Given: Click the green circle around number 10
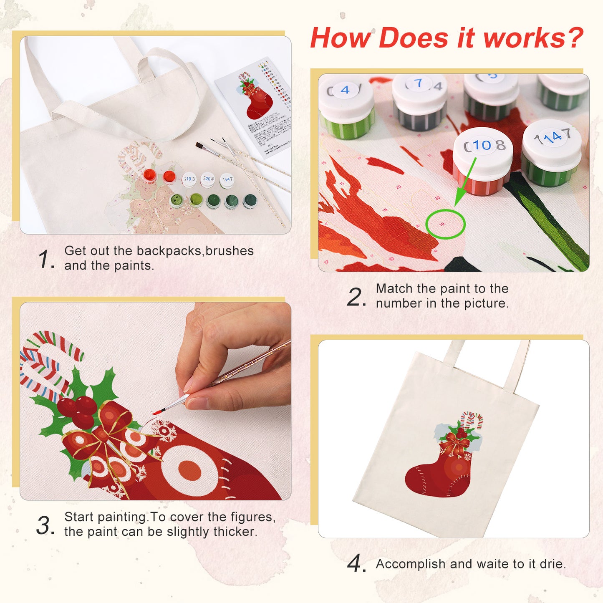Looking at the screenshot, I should tap(445, 224).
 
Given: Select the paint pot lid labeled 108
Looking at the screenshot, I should tap(483, 146).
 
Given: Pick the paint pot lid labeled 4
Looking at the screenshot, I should tap(345, 90).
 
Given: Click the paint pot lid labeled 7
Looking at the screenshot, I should tap(419, 84).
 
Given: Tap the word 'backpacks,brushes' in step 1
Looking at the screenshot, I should tap(195, 250).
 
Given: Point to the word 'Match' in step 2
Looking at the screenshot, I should tap(394, 288).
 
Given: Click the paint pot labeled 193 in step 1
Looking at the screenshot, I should tap(189, 179).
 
